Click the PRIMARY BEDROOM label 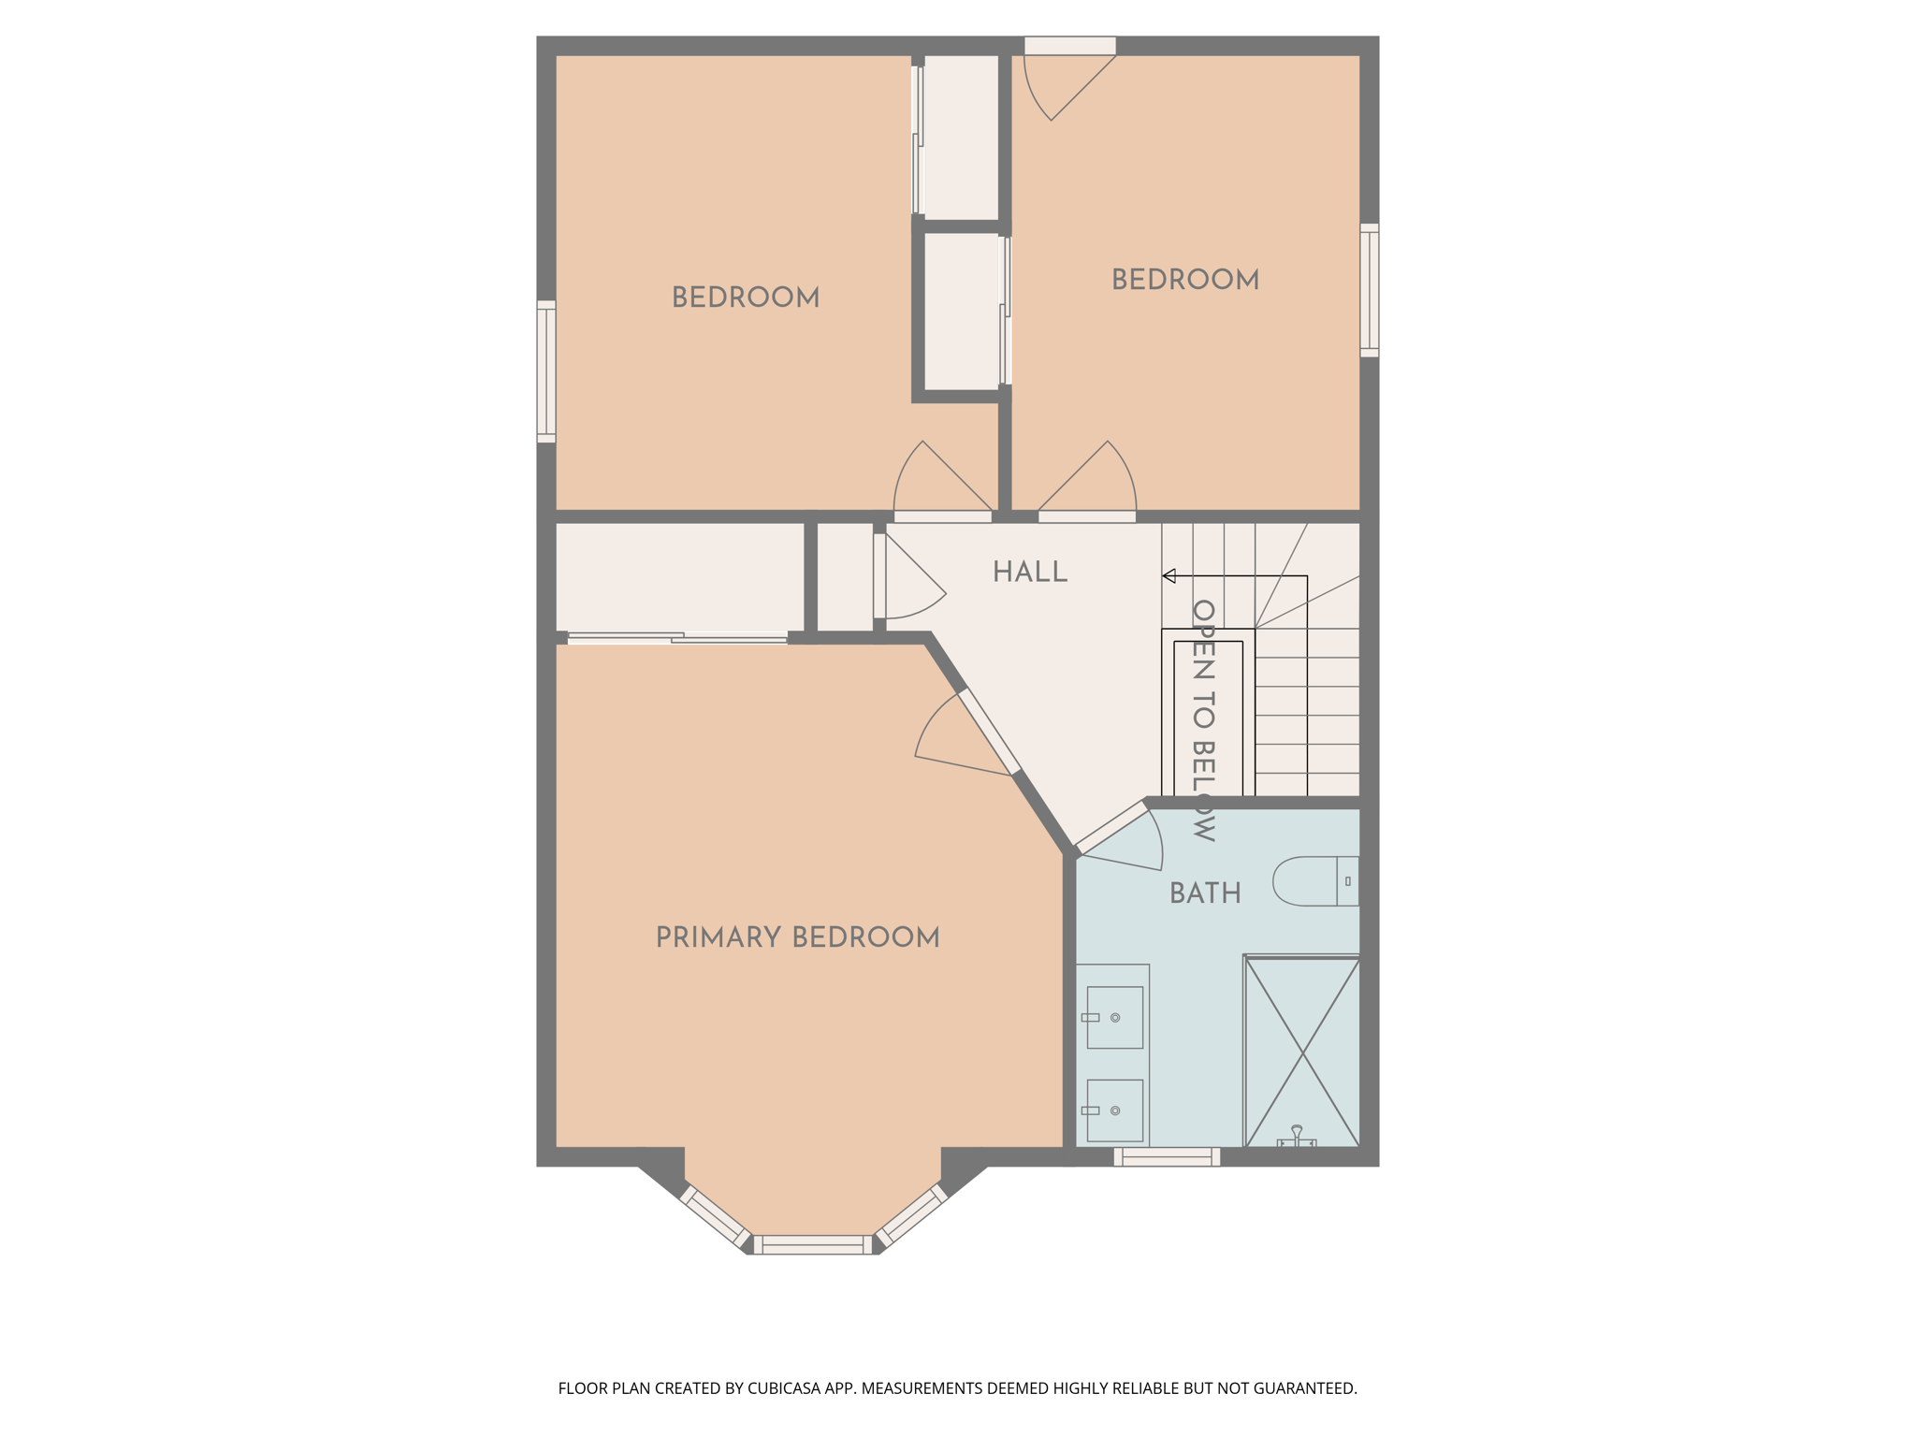[797, 937]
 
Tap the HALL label [1029, 573]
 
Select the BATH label [1205, 893]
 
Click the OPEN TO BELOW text [1203, 720]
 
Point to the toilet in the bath [1314, 881]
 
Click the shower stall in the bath [1301, 1052]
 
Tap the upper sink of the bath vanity [1114, 1017]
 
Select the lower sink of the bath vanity [1114, 1110]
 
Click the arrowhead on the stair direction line [1168, 576]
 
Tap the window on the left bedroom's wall [546, 371]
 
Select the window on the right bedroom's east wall [1369, 290]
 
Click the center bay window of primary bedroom [812, 1244]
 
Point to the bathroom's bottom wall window [1167, 1157]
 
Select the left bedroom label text [746, 298]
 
